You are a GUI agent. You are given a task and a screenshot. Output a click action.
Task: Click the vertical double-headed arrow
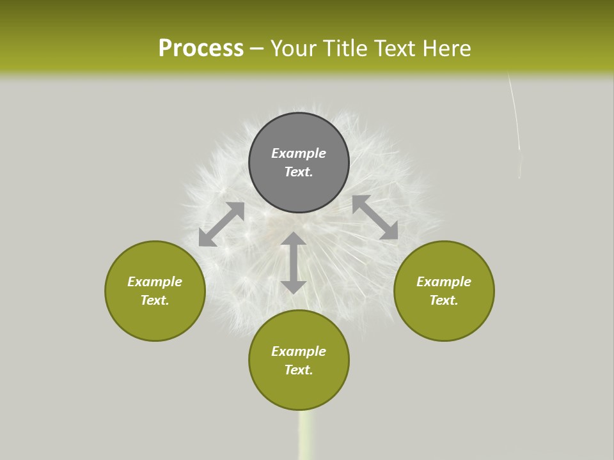(294, 263)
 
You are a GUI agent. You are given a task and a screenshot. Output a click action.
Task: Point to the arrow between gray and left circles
(221, 224)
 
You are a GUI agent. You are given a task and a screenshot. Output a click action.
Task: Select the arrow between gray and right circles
(375, 217)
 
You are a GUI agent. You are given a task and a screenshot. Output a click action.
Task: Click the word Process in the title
(201, 49)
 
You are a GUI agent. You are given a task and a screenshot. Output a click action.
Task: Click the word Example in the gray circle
(299, 153)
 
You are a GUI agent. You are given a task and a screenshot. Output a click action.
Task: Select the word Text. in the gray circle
(299, 172)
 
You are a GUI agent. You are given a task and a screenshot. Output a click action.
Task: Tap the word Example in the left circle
(155, 282)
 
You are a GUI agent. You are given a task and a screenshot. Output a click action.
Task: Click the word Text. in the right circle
(444, 300)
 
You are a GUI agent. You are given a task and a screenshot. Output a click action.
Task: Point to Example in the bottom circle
(299, 351)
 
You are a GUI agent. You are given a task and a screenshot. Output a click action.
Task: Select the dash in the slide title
(256, 49)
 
